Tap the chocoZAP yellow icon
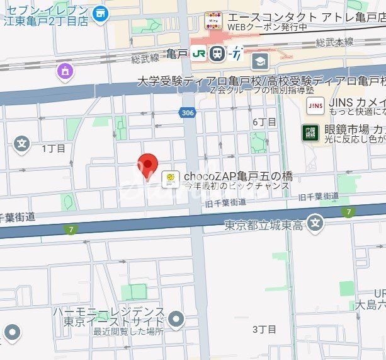click(169, 180)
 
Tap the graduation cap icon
click(260, 62)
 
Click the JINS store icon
click(315, 106)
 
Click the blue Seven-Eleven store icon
click(100, 13)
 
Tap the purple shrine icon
click(65, 73)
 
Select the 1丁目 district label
click(54, 149)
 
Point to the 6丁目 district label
click(264, 122)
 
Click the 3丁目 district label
click(264, 329)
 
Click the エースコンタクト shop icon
click(213, 21)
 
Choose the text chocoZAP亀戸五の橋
click(238, 177)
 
